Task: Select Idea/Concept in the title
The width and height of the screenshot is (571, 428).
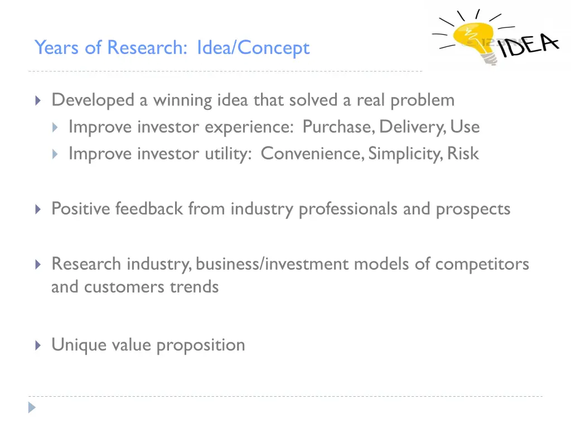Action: pos(253,48)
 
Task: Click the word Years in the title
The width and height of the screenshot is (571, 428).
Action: pos(57,48)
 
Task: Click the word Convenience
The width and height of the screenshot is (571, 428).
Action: pos(310,153)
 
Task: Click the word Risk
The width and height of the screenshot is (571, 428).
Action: pos(463,153)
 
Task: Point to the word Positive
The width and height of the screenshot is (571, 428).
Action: pos(81,208)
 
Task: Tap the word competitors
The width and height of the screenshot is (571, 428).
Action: pos(482,264)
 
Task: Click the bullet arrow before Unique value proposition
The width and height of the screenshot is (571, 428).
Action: pos(38,346)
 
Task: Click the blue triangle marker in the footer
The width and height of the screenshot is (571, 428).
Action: pos(32,407)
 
